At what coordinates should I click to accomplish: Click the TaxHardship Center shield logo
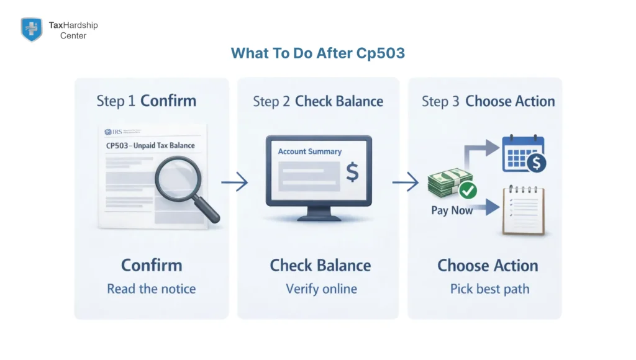click(x=31, y=29)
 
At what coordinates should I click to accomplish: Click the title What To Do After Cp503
click(x=317, y=53)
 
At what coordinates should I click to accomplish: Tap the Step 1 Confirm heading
click(x=146, y=101)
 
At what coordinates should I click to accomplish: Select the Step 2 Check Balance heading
click(x=317, y=102)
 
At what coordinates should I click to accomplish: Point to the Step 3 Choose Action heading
click(x=488, y=102)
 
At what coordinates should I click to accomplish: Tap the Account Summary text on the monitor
click(x=309, y=151)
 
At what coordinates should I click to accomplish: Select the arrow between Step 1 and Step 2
click(x=234, y=182)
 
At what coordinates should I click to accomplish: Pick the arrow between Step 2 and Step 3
click(x=405, y=182)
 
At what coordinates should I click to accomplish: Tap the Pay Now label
click(x=452, y=210)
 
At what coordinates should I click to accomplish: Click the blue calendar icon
click(x=522, y=153)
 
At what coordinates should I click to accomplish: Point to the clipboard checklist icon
click(x=523, y=210)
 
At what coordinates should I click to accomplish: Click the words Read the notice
click(x=151, y=289)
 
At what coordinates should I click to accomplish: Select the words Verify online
click(x=321, y=289)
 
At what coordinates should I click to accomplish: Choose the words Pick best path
click(x=489, y=289)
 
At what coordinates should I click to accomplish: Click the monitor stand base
click(x=317, y=218)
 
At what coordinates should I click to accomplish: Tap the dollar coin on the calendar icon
click(x=536, y=163)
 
